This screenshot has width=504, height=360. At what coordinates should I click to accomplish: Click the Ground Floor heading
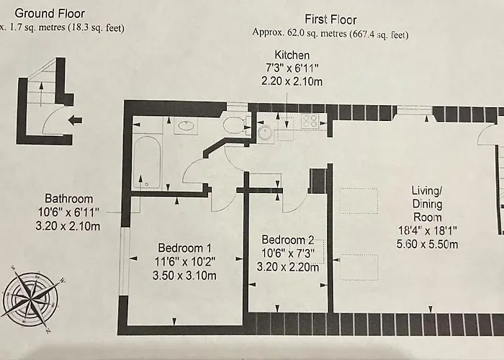50,14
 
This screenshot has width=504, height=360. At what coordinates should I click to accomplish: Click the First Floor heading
330,19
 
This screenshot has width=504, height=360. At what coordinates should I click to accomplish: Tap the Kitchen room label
292,55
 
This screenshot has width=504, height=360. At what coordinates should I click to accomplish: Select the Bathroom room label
69,199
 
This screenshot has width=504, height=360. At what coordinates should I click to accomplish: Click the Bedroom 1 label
185,248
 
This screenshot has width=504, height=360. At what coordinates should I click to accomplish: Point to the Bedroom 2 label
288,240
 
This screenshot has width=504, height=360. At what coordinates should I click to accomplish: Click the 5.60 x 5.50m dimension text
427,244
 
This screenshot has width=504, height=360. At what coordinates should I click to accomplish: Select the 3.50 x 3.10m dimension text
184,276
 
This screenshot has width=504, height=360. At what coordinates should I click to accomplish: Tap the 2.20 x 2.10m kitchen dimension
292,81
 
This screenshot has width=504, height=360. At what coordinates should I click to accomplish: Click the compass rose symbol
31,299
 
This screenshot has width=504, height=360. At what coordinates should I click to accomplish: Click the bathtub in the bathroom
147,162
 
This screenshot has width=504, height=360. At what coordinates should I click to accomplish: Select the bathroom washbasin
186,125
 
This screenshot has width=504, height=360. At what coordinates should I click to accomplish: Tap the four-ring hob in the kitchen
310,121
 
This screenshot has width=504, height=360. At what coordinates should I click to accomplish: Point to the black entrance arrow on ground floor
75,120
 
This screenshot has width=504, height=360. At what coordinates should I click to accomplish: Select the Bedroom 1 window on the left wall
125,261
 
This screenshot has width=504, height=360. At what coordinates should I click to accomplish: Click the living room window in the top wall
414,111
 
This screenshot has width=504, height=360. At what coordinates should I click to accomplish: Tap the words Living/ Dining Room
427,204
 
